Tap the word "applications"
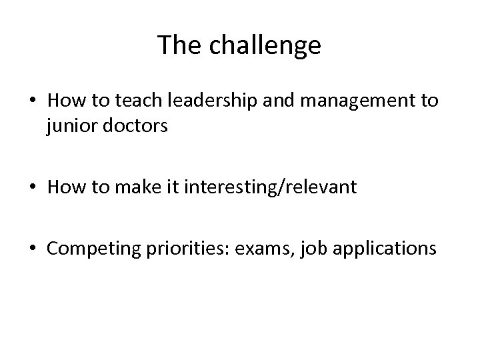381,249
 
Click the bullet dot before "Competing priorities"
33,249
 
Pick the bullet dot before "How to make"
33,189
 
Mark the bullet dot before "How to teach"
33,102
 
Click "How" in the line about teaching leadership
64,101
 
